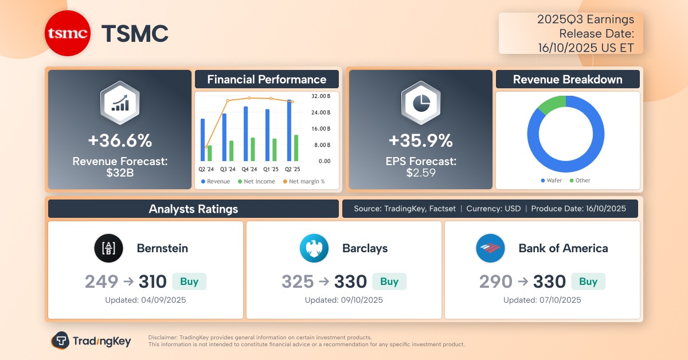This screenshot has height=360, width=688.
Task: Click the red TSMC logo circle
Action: pyautogui.click(x=68, y=34)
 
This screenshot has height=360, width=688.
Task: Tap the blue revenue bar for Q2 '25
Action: pyautogui.click(x=290, y=131)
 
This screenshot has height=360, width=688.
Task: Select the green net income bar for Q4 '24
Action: pyautogui.click(x=253, y=150)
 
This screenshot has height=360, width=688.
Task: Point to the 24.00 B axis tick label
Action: pyautogui.click(x=320, y=112)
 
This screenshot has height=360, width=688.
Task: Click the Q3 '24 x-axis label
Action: pyautogui.click(x=228, y=170)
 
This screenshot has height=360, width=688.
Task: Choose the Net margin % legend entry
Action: pyautogui.click(x=304, y=182)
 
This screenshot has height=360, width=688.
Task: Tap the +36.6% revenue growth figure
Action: pyautogui.click(x=119, y=140)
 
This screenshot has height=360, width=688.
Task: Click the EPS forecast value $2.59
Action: pyautogui.click(x=420, y=173)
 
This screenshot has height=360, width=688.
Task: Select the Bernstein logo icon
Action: pyautogui.click(x=108, y=248)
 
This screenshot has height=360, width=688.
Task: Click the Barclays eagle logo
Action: pyautogui.click(x=314, y=248)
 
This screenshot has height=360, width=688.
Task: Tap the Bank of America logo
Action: pyautogui.click(x=490, y=248)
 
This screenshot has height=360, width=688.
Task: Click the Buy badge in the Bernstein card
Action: pyautogui.click(x=189, y=281)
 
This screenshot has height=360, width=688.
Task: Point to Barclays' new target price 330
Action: pyautogui.click(x=350, y=281)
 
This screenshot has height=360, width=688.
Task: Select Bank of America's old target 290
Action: pyautogui.click(x=496, y=281)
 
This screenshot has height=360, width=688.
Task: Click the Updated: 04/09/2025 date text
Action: pyautogui.click(x=146, y=300)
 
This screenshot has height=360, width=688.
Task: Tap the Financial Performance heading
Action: pyautogui.click(x=267, y=80)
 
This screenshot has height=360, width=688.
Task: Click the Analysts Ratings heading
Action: pyautogui.click(x=193, y=209)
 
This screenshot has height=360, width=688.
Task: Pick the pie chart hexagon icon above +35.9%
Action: pyautogui.click(x=420, y=103)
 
